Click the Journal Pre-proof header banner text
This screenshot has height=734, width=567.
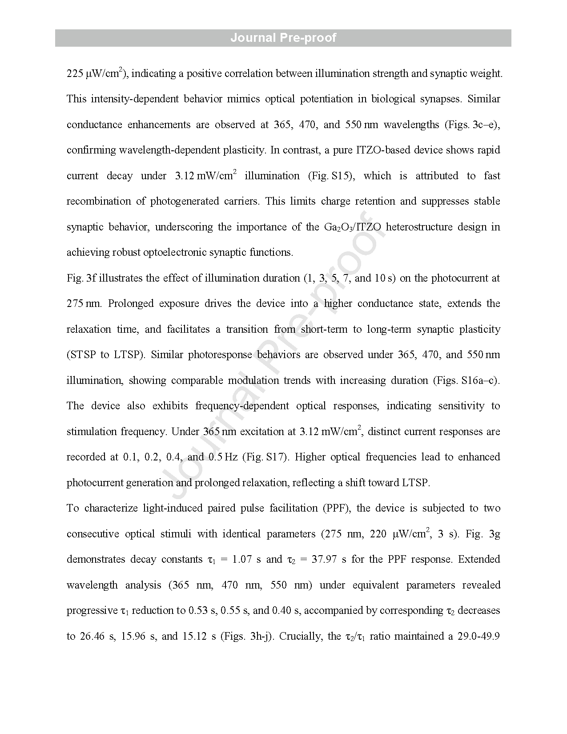283,38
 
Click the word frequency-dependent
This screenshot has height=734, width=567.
242,406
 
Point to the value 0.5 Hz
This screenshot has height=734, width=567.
223,457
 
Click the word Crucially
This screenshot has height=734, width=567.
302,636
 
